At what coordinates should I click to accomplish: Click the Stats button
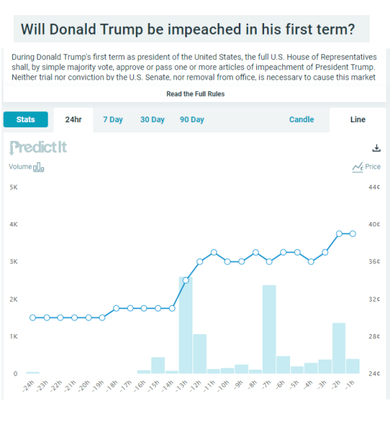[25, 120]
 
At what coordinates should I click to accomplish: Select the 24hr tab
[73, 120]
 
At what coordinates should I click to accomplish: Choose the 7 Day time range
[112, 120]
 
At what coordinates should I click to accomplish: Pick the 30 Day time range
[152, 120]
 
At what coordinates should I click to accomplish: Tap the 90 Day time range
[192, 120]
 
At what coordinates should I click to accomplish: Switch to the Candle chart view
[302, 120]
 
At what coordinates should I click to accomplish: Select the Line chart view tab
[357, 120]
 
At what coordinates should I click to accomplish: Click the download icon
[376, 148]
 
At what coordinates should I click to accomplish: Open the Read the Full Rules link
[195, 95]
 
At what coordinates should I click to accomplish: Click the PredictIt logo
[38, 148]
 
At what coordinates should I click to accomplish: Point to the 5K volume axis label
[13, 187]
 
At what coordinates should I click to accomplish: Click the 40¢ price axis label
[374, 225]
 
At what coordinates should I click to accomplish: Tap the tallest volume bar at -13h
[185, 325]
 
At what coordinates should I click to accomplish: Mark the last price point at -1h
[352, 234]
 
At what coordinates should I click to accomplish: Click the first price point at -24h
[33, 318]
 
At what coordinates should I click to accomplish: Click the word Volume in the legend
[20, 167]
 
